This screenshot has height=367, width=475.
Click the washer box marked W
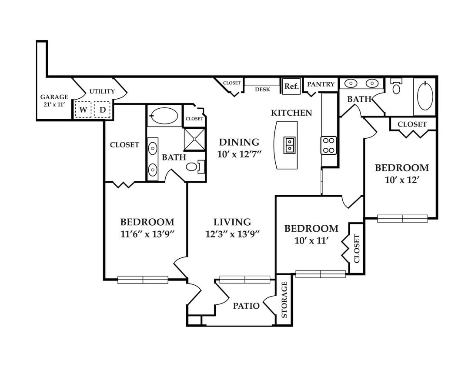83,110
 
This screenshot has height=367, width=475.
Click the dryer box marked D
102,110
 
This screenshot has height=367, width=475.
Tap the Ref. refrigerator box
291,86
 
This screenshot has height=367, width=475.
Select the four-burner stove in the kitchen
329,145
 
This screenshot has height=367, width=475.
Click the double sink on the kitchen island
289,145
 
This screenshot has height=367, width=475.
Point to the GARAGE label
54,97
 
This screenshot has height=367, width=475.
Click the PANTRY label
321,84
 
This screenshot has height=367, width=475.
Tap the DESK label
262,89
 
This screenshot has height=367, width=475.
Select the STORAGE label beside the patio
284,300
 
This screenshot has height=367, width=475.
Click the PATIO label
246,306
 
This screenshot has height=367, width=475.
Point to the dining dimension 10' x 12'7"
239,154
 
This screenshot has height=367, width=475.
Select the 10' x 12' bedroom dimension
401,180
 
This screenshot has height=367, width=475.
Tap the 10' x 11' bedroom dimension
311,240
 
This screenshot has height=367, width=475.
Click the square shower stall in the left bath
194,139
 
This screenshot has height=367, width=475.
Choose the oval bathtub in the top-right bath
425,96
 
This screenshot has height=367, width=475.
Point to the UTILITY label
102,91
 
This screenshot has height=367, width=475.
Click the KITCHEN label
291,113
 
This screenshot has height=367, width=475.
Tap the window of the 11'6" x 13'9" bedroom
143,280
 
